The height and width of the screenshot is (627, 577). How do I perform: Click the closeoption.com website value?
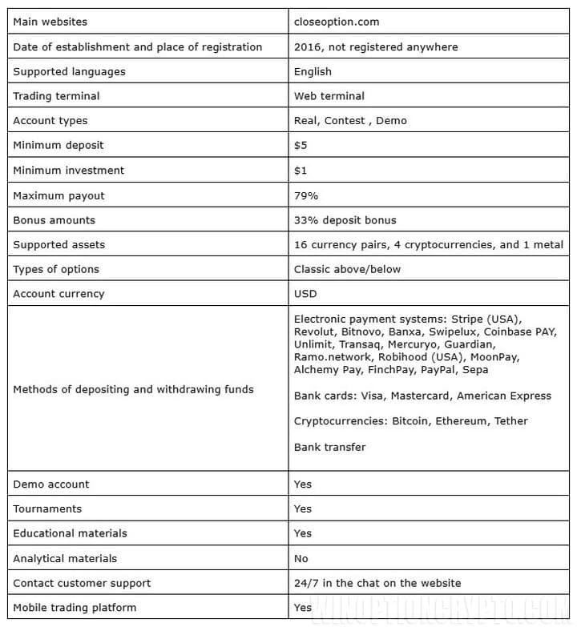point(337,22)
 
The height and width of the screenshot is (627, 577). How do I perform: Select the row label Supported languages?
point(69,71)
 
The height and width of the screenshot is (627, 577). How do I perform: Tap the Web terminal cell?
point(329,96)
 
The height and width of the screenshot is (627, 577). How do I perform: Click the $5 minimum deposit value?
point(301,146)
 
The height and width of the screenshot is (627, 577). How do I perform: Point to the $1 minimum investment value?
point(301,171)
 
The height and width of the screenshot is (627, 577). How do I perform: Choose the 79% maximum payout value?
point(306,195)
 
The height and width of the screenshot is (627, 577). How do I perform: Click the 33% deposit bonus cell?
point(345,220)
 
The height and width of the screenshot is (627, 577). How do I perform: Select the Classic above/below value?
point(347,269)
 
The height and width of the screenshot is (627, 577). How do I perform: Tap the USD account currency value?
point(305,294)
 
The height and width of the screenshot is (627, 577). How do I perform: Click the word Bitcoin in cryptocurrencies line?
point(410,421)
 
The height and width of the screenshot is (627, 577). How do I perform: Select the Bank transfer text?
point(329,447)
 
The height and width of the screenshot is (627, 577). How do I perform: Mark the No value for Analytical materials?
point(301,558)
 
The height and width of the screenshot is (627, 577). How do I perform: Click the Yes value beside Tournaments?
point(303,508)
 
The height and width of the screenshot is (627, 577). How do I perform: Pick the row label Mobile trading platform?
point(75,607)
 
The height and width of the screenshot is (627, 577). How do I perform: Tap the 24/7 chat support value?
point(377,583)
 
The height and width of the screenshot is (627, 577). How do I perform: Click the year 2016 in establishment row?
point(307,46)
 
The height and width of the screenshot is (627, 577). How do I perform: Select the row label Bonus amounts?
point(54,220)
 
